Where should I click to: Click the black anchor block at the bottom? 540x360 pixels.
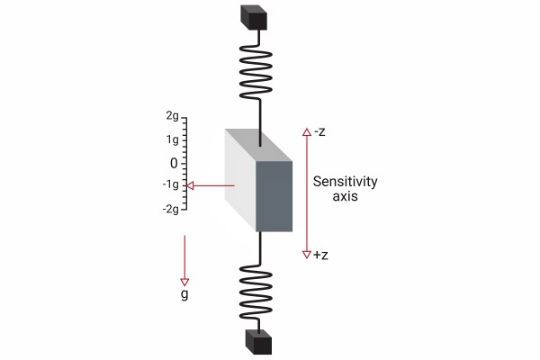(258, 342)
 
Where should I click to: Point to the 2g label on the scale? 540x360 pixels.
(172, 117)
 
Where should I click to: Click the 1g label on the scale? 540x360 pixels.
(172, 139)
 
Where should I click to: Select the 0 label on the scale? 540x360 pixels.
(175, 163)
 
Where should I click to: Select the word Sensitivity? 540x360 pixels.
(345, 182)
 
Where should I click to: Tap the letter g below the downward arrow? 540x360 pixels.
(185, 293)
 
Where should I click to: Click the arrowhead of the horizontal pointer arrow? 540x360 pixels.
(190, 186)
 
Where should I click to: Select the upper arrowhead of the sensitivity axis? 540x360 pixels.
(307, 133)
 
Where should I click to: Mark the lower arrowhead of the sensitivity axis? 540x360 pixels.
(307, 254)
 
